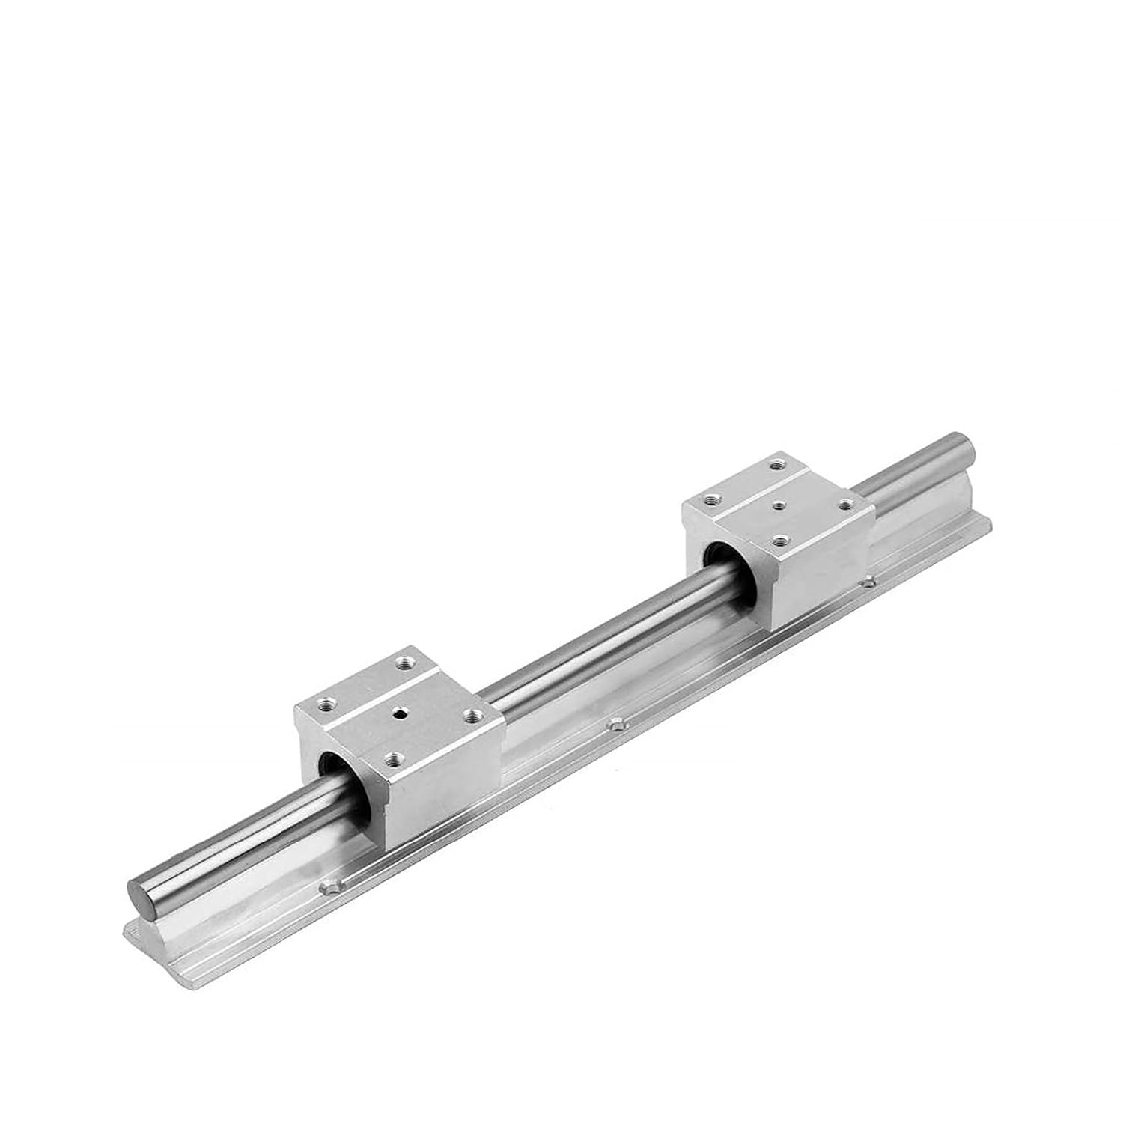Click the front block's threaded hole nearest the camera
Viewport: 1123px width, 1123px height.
[390, 758]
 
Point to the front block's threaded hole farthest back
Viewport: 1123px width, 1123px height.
[407, 662]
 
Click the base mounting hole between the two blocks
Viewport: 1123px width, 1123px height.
[616, 724]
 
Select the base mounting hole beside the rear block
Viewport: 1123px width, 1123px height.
[868, 581]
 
